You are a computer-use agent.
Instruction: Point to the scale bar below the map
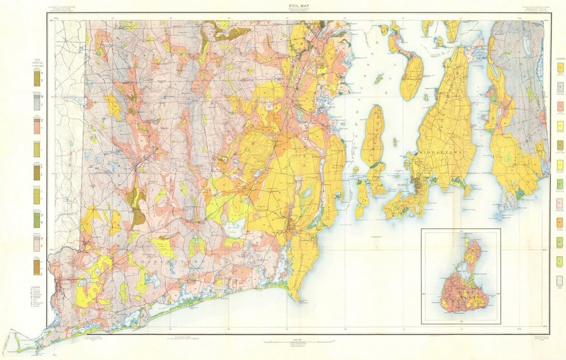[x=282, y=341]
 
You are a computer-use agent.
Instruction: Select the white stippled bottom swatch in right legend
[x=560, y=280]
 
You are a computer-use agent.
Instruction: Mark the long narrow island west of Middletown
[x=373, y=136]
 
